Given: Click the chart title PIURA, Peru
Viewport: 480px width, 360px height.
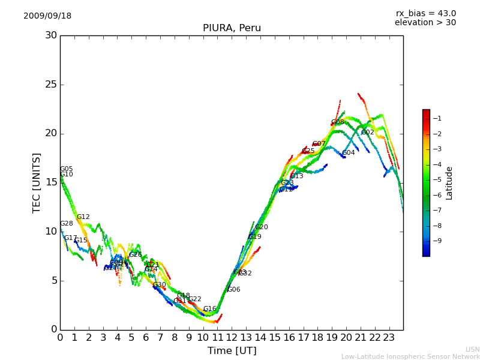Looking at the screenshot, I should [232, 28].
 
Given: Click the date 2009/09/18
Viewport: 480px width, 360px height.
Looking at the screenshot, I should [47, 16].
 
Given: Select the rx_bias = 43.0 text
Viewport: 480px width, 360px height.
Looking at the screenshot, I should [425, 14].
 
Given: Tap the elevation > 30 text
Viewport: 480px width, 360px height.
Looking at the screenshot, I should [425, 23].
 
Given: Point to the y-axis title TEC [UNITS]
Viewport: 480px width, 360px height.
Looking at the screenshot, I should [37, 182].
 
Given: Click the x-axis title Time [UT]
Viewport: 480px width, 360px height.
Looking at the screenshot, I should [232, 351].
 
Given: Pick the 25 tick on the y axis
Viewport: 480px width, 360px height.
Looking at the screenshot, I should [51, 85].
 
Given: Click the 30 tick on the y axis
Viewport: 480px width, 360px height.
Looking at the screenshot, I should [51, 35].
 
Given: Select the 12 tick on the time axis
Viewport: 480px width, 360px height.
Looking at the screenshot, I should [232, 338].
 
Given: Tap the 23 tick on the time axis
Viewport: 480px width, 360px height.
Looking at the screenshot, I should [389, 338].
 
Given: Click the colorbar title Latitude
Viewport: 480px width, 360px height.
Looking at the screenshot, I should [449, 183].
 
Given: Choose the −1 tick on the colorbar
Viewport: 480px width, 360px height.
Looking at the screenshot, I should [437, 118].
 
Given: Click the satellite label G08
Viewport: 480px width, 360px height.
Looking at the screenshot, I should [338, 122].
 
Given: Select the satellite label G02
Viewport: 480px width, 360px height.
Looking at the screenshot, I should [367, 133].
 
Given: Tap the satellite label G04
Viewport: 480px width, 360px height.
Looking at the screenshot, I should [349, 153].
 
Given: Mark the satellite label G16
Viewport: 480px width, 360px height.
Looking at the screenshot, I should [209, 309].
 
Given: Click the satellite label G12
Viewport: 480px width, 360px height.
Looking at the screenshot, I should [83, 217].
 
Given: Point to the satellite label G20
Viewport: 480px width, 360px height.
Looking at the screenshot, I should [262, 227].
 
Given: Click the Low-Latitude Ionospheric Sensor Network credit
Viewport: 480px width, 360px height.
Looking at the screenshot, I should [410, 357].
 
